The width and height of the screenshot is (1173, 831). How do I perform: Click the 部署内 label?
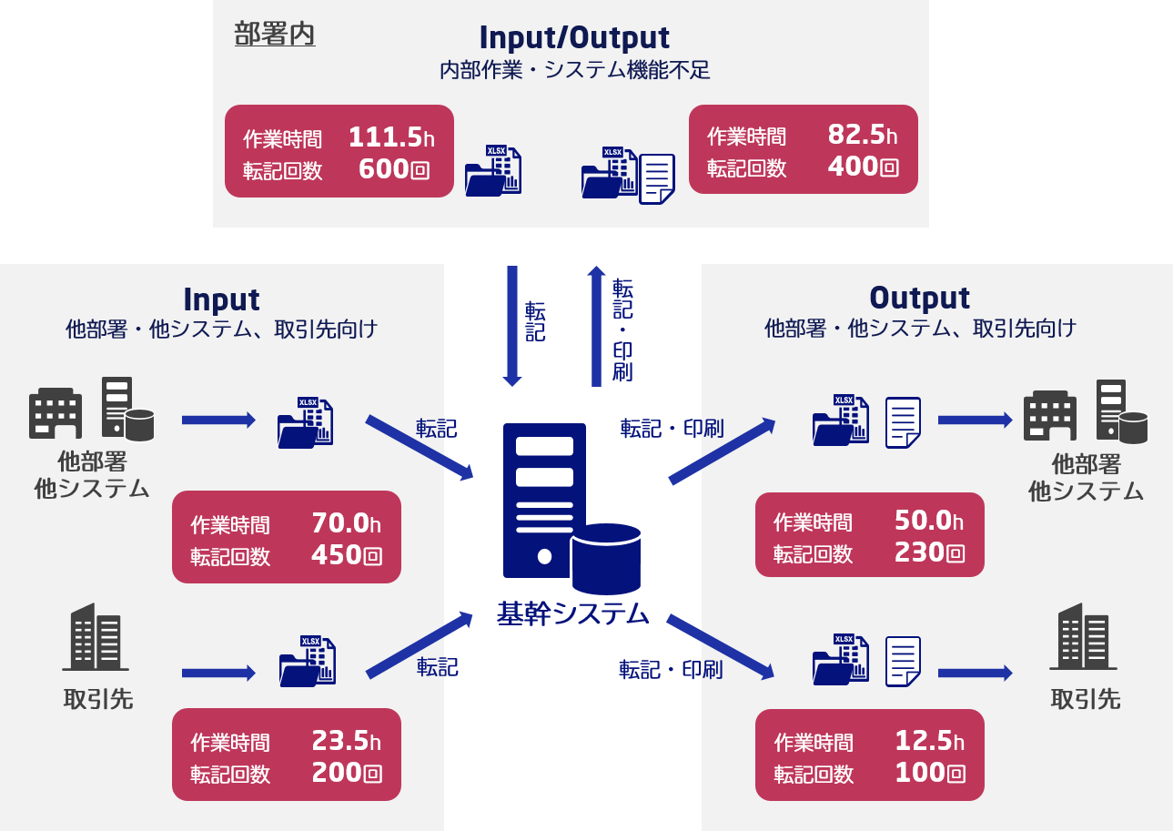click(275, 34)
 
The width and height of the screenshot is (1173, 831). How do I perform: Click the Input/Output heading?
click(574, 37)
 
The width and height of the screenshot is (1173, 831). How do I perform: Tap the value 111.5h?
click(391, 137)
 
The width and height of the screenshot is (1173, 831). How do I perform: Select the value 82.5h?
click(862, 135)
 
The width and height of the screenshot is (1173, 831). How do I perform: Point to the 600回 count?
click(393, 169)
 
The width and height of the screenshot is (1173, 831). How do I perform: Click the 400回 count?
click(863, 167)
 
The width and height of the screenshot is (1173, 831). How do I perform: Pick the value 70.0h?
click(346, 523)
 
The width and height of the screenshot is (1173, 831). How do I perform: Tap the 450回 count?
click(347, 555)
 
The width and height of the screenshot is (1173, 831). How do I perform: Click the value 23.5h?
click(346, 741)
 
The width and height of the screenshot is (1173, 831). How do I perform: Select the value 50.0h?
click(928, 521)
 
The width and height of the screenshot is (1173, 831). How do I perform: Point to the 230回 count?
click(929, 552)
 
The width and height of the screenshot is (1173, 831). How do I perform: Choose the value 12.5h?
click(929, 741)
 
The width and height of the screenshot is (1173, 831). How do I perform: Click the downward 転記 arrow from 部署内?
click(512, 325)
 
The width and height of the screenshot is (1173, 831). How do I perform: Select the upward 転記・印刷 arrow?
click(596, 325)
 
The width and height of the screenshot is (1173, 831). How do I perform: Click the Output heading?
click(919, 298)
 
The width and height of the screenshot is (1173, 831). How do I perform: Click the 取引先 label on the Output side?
click(1085, 699)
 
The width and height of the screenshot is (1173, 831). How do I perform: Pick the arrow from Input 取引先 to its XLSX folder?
click(218, 673)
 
